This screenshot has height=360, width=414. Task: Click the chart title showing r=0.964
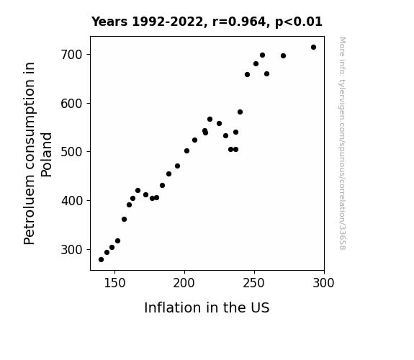(x=207, y=22)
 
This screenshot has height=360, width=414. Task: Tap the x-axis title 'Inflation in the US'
(x=207, y=307)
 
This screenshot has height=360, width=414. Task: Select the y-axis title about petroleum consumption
(x=37, y=153)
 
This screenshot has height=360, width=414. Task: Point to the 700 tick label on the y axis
(x=72, y=55)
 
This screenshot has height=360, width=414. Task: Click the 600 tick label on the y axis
(x=72, y=104)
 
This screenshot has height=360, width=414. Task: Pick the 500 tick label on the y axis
(x=72, y=152)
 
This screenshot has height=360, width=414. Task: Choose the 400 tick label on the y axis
(x=72, y=201)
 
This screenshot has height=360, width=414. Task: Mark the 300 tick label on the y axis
(x=72, y=249)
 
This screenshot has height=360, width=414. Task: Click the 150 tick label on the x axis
(x=114, y=283)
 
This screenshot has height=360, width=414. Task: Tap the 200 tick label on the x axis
(x=184, y=283)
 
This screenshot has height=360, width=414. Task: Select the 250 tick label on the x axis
(x=254, y=283)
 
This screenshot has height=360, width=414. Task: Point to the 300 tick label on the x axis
(x=324, y=283)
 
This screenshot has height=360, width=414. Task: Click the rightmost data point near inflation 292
(x=313, y=48)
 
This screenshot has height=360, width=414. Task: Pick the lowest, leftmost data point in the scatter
(x=101, y=260)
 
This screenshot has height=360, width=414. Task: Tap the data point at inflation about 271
(x=283, y=55)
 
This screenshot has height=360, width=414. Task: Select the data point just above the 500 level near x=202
(x=186, y=150)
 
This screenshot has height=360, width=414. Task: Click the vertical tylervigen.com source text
(x=342, y=143)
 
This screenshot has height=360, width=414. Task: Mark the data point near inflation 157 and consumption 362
(x=124, y=219)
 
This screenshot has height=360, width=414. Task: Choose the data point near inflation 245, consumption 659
(x=247, y=74)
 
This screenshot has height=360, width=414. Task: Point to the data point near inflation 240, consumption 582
(x=240, y=112)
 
